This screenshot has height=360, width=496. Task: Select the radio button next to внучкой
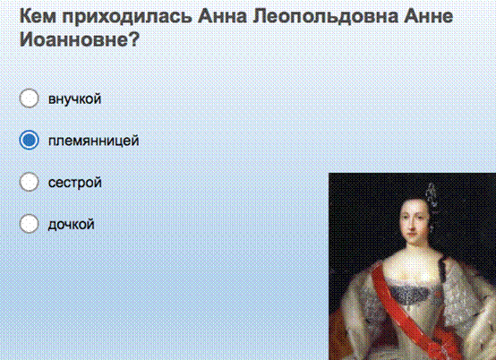[30, 99]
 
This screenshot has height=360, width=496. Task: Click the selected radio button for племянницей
[30, 140]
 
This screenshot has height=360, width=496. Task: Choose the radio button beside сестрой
[30, 182]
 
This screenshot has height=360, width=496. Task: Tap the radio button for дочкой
[30, 224]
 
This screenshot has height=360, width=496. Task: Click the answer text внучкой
[74, 99]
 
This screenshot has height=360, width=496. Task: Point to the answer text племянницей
[94, 141]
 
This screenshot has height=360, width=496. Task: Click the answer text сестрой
[75, 183]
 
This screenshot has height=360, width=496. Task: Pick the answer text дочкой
[71, 224]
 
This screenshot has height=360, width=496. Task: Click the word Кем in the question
[38, 16]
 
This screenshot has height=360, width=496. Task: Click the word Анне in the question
[428, 16]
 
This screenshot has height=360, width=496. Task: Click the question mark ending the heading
[134, 39]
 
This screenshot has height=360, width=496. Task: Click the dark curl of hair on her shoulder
[442, 269]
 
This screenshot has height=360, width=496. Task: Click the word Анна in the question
[222, 16]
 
